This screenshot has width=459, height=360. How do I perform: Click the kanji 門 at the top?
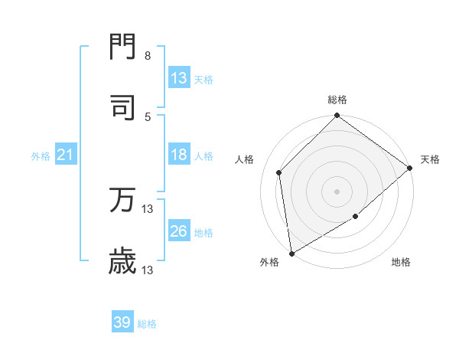[x=123, y=48]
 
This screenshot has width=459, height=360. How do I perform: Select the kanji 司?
[x=123, y=107]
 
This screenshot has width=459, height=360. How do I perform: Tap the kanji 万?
[x=123, y=200]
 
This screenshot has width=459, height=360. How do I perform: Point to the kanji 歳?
[x=123, y=261]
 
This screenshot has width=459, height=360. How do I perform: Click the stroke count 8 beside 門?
[x=148, y=56]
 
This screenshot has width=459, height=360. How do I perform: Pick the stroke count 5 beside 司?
[x=148, y=116]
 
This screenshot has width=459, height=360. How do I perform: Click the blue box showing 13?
[x=179, y=78]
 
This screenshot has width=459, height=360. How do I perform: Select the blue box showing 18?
[x=179, y=155]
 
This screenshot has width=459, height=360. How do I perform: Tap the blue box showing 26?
[x=179, y=231]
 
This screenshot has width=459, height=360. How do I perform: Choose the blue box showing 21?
[x=66, y=155]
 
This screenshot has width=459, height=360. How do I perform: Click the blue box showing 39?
[x=122, y=323]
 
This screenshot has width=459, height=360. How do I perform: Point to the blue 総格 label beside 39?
[x=148, y=324]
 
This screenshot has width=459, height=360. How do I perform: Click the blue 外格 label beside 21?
[x=41, y=156]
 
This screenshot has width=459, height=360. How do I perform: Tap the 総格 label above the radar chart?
[x=337, y=100]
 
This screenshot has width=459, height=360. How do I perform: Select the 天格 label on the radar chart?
[x=431, y=159]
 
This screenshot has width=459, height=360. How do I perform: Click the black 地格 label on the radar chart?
[x=401, y=263]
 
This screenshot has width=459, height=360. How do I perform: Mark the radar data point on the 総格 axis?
[x=337, y=116]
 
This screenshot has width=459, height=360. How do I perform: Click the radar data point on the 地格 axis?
[x=356, y=217]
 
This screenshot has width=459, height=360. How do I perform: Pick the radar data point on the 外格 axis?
[x=291, y=253]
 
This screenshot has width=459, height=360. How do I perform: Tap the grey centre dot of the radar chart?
[x=337, y=191]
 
